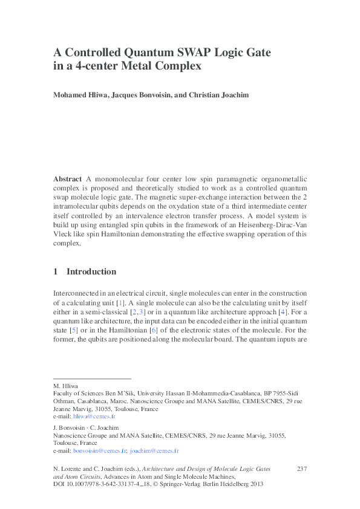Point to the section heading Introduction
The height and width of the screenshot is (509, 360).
coord(91,272)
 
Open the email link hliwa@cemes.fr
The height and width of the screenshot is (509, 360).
coord(94,417)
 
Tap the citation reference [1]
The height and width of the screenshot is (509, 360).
coord(121,302)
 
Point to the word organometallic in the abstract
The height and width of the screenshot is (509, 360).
coord(283,180)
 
